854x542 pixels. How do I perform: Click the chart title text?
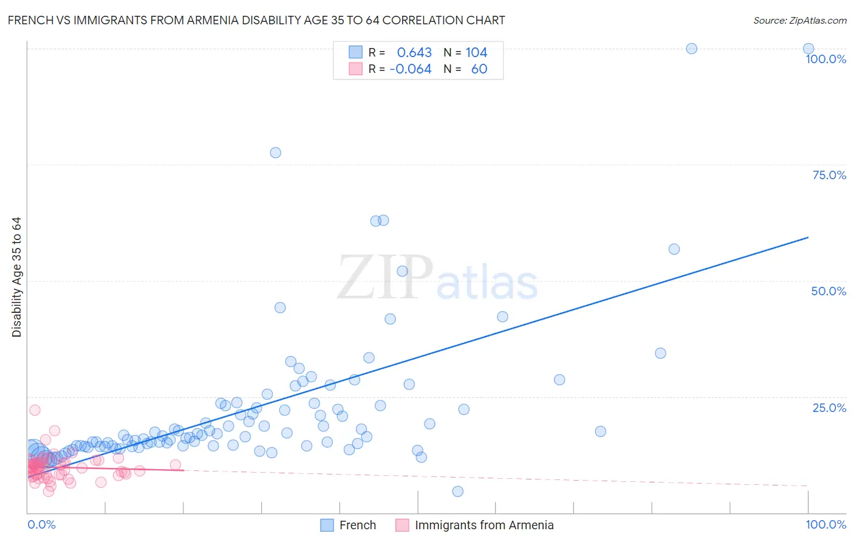256,21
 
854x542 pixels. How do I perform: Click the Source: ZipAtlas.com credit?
799,21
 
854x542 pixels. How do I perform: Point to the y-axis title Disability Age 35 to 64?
16,277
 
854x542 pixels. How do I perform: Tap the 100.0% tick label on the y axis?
825,59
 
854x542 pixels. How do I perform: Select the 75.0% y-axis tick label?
829,175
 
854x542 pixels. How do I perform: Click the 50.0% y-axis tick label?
828,291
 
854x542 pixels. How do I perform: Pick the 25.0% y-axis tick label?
829,408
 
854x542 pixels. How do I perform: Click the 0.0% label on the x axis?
41,524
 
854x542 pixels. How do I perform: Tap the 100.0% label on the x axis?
825,524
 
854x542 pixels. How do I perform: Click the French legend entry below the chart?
357,525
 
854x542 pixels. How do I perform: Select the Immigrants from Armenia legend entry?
483,525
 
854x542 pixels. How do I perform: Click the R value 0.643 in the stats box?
414,53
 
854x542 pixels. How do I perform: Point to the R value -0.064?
411,69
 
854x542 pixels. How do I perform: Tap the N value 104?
476,53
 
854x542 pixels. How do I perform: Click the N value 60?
479,69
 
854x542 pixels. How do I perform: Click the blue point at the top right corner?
808,49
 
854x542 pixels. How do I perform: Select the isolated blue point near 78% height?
275,153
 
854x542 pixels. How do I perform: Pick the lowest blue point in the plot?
457,492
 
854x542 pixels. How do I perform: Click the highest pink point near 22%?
35,410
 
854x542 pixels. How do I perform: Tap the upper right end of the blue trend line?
808,238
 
